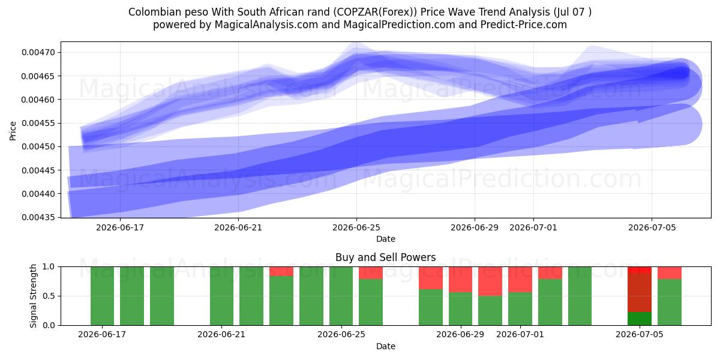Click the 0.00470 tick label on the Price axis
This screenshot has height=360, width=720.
tap(38, 52)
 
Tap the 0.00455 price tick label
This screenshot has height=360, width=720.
tap(38, 123)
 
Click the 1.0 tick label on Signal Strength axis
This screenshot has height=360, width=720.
tap(49, 267)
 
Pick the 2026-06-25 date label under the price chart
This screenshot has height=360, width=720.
tap(356, 227)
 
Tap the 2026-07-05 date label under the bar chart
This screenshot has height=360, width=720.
tap(640, 334)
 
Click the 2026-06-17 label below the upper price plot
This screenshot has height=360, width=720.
tap(120, 227)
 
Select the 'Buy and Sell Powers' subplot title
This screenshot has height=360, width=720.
tap(385, 257)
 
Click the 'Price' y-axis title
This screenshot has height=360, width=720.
tap(13, 131)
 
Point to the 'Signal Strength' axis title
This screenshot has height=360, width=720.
tap(33, 296)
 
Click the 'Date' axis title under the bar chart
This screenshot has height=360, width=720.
tap(386, 346)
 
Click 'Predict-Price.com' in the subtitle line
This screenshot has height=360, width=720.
tap(524, 25)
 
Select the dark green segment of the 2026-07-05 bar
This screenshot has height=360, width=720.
tap(640, 319)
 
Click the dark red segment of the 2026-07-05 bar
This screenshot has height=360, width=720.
tap(640, 293)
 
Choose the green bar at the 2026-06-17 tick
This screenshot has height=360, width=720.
tap(102, 296)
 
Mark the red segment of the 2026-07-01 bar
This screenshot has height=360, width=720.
tap(520, 280)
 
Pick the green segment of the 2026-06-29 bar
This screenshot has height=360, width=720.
tap(460, 308)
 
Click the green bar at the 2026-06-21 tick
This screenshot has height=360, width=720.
tap(221, 296)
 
